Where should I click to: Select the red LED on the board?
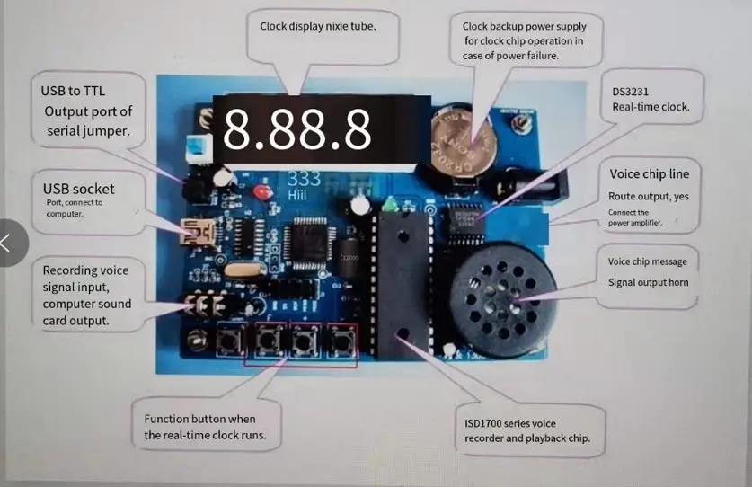pos(261,193)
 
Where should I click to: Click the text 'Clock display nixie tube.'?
pos(317,26)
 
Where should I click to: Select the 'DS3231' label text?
pos(631,91)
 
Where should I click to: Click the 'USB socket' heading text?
pos(79,189)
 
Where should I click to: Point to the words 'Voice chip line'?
pos(650,173)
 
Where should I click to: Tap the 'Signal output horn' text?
pos(647,282)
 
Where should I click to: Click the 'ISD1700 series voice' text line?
pos(509,423)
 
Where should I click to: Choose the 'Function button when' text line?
pos(199,419)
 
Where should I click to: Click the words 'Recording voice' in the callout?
pos(85,270)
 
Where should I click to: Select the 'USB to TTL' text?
pos(73,91)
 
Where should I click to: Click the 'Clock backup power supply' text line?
pos(523,26)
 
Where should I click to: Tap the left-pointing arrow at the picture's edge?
pos(8,242)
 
